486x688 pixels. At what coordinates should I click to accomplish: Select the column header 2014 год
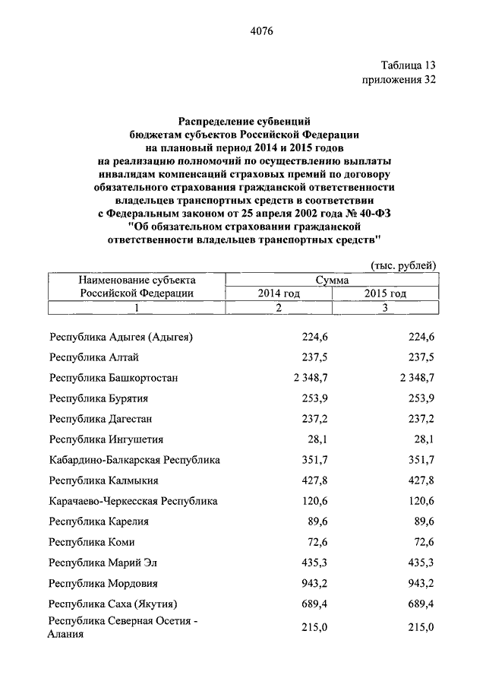279,293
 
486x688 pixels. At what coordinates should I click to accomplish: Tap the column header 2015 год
385,293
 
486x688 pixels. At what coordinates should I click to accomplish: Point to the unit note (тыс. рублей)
403,265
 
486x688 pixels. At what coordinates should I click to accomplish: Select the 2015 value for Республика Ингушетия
422,439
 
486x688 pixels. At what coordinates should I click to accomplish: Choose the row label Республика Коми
87,543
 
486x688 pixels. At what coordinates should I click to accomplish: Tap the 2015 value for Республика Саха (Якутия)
419,604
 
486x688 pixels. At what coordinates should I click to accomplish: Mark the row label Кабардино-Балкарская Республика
134,460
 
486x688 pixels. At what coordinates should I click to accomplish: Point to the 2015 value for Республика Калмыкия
419,480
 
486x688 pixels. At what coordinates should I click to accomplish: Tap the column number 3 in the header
385,307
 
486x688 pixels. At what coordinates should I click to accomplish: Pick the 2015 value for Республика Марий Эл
419,563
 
